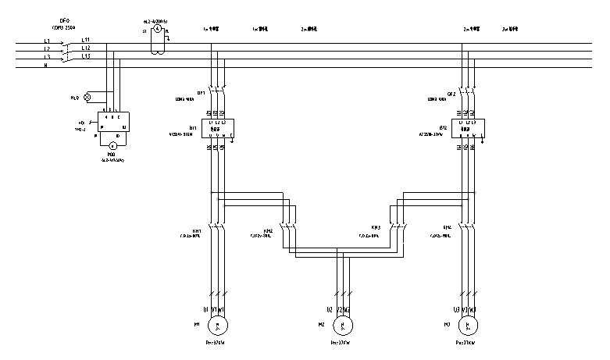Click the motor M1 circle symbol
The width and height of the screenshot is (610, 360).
pos(218,324)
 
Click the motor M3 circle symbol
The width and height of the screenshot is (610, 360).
pos(468,324)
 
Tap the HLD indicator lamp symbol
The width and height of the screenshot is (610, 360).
pos(87,98)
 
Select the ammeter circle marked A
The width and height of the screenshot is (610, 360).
pos(155,29)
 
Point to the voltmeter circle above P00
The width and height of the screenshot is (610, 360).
pos(112,145)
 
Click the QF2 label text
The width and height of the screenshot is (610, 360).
pos(451,93)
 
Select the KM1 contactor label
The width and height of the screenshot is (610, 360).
pos(198,230)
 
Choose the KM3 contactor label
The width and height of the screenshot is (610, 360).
pos(376,228)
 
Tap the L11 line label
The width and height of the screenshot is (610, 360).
pos(85,41)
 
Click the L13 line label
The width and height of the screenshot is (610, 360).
pos(85,57)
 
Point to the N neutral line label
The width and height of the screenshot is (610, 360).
pos(46,66)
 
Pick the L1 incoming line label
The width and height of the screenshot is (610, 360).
pos(47,41)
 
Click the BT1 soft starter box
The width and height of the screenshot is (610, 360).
pos(219,129)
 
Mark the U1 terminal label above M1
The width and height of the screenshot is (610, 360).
pos(205,309)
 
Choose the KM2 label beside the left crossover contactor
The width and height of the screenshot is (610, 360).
pos(268,230)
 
